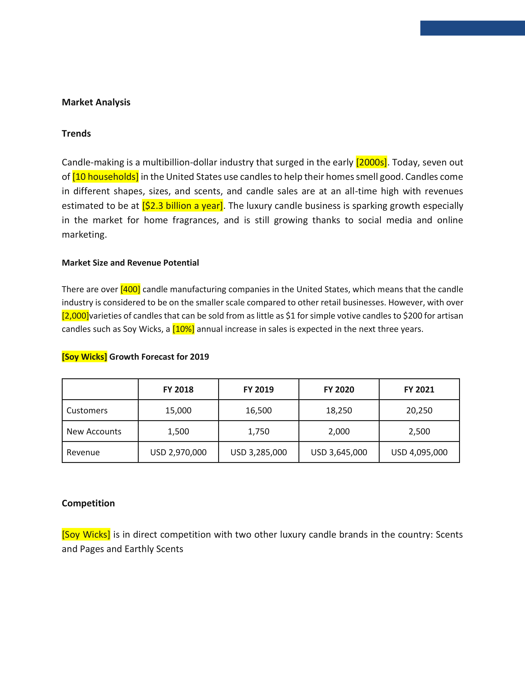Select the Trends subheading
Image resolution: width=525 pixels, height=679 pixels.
[x=76, y=134]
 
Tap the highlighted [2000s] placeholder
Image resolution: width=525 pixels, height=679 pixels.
[x=371, y=162]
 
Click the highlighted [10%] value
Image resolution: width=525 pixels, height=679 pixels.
[x=183, y=329]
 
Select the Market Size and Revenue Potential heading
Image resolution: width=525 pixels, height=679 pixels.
[x=130, y=263]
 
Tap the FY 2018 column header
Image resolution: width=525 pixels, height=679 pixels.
[x=178, y=389]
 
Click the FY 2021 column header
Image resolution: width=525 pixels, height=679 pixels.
[x=419, y=389]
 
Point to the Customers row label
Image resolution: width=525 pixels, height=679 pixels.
[x=87, y=410]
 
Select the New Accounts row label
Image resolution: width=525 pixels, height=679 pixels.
[x=94, y=431]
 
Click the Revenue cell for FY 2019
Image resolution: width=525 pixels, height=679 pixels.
[x=258, y=452]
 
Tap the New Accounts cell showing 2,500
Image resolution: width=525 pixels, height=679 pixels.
[x=419, y=431]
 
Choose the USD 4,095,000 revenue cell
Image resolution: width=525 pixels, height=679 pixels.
[x=419, y=452]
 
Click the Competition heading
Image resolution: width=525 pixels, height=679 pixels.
[x=88, y=503]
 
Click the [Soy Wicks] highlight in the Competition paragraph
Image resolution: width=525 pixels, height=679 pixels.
[x=86, y=534]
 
